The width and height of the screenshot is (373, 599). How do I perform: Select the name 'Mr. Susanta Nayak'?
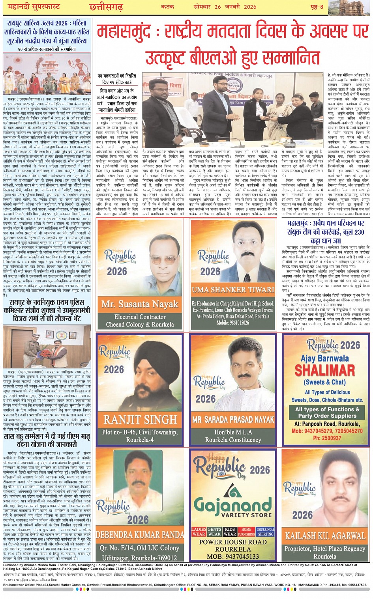(140, 304)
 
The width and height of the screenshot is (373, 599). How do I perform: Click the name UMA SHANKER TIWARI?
(233, 290)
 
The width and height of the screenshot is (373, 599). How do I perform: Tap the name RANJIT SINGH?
(140, 419)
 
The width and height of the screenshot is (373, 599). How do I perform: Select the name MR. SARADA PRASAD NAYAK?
(233, 419)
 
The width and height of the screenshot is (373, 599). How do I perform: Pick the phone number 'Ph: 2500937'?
(327, 438)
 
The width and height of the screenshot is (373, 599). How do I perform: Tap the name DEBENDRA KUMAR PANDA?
(140, 535)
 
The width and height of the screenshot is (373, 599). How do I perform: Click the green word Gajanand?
(233, 505)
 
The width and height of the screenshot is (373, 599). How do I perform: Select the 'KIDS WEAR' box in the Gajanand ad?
(230, 532)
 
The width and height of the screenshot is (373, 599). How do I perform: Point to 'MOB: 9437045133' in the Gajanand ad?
(233, 556)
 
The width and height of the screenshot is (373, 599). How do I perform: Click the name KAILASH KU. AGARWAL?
(325, 536)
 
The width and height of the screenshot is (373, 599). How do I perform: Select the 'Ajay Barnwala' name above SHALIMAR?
(325, 358)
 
